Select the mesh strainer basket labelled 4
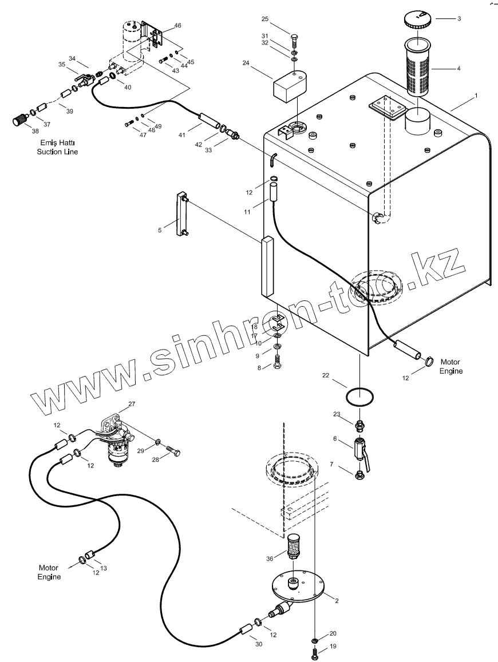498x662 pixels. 417,67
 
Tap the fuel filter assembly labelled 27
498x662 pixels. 118,440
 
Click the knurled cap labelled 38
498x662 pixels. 18,121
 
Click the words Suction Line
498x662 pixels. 57,152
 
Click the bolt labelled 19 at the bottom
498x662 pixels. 315,652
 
